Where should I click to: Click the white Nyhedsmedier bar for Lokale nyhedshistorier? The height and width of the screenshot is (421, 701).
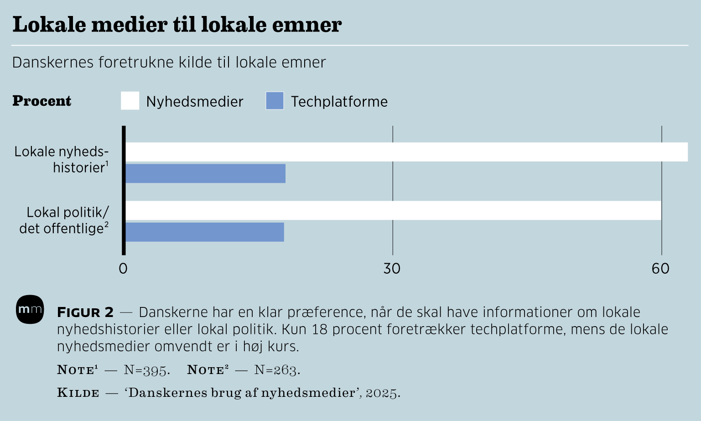point(406,152)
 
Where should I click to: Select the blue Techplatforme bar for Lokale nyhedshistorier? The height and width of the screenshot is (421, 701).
point(205,173)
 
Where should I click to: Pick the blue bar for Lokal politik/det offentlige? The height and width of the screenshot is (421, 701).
point(204,232)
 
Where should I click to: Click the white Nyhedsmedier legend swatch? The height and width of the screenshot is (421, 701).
point(130,101)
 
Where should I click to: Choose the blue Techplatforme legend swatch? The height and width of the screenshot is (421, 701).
point(275,101)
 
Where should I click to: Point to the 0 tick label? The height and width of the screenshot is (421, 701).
point(123,269)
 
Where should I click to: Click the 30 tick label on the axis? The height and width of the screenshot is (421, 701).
point(392,269)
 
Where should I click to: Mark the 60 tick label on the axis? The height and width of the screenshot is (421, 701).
point(660,269)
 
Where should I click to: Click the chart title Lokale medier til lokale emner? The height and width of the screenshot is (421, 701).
point(177,25)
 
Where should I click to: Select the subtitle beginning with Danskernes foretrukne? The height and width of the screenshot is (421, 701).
point(169,62)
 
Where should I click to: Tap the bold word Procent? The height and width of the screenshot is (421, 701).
point(42,101)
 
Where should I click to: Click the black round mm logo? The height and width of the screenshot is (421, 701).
point(30,310)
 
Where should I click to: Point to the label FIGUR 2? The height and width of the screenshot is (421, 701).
point(85,312)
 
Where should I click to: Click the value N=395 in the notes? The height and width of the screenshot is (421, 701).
point(146,370)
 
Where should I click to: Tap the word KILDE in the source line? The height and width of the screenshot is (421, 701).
point(78,393)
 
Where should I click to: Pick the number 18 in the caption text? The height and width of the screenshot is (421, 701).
point(320,329)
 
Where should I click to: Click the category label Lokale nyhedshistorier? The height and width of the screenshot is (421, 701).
point(62,159)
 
